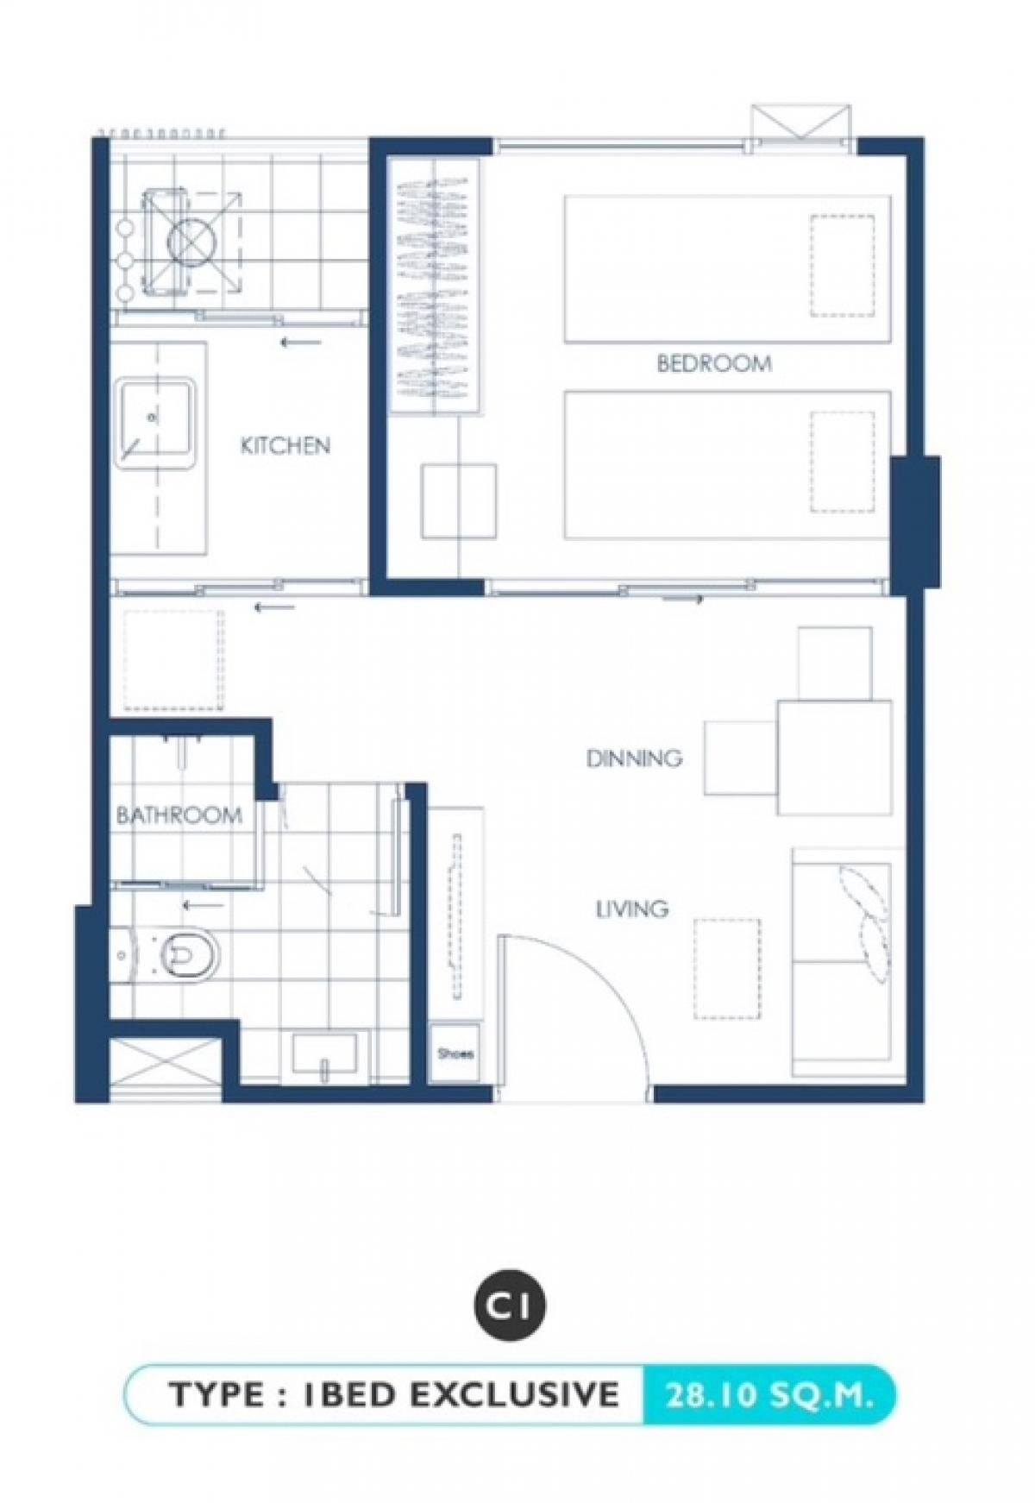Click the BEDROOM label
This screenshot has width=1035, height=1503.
(713, 363)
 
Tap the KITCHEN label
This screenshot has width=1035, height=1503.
(285, 445)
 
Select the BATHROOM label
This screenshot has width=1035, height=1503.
(179, 814)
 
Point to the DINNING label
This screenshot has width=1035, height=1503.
(634, 758)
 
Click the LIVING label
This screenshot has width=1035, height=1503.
(632, 909)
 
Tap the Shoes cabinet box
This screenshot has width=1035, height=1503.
(455, 1053)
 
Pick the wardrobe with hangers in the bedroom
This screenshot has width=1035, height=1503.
(433, 285)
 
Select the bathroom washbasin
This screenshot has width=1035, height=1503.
(324, 1054)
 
